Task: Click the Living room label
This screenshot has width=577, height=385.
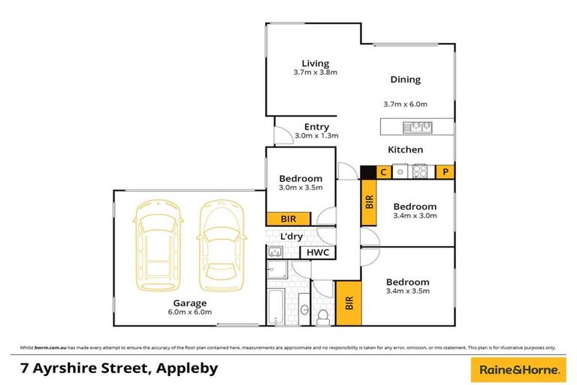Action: point(316,63)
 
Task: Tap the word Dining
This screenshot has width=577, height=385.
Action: point(405,80)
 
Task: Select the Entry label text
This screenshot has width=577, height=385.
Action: point(316,127)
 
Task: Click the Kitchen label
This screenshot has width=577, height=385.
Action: point(405,150)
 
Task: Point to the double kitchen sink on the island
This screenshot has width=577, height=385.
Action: point(417,126)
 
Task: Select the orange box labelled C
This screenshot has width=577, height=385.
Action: point(382,171)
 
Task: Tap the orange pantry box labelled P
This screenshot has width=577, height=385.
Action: point(445,171)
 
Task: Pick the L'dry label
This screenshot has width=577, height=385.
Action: point(291,236)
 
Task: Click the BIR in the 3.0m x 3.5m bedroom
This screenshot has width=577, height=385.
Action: point(288,219)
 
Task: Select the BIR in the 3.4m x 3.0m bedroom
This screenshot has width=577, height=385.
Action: point(369,202)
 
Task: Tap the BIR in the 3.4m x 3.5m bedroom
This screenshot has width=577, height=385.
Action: point(348,303)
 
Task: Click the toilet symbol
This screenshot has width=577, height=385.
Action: point(323,316)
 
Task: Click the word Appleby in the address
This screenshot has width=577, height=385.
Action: point(185,368)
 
